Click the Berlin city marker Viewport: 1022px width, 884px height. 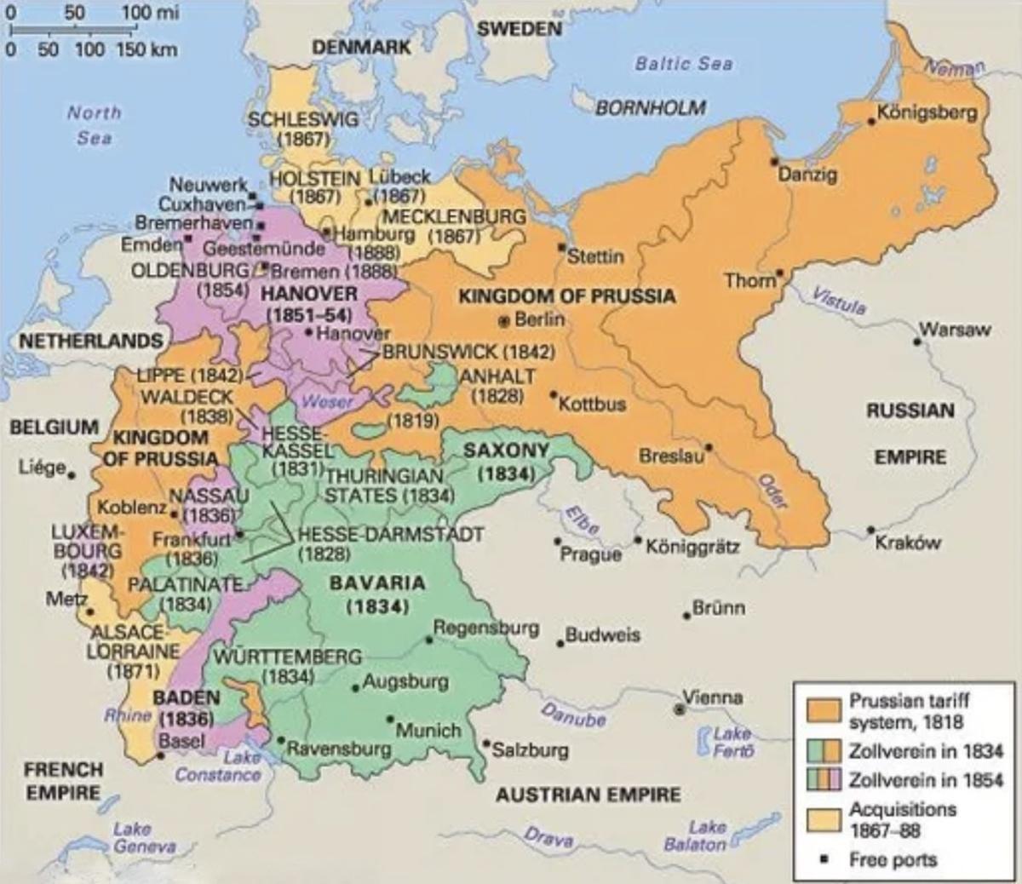coord(504,321)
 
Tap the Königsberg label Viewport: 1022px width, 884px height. coord(927,112)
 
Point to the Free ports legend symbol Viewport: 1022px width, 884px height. coord(823,859)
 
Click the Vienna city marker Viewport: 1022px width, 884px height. coord(680,709)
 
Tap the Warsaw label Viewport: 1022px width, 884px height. coord(954,330)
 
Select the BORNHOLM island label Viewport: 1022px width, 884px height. coord(650,108)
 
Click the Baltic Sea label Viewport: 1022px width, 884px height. coord(683,64)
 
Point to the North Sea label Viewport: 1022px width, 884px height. coord(94,124)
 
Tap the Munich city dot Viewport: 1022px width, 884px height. coord(390,720)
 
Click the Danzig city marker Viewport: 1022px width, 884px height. coord(773,161)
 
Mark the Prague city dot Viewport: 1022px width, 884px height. coord(558,541)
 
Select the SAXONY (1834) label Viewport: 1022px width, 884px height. coord(506,461)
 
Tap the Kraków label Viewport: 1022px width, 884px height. coord(908,543)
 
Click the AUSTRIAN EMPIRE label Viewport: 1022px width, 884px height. coord(588,795)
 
